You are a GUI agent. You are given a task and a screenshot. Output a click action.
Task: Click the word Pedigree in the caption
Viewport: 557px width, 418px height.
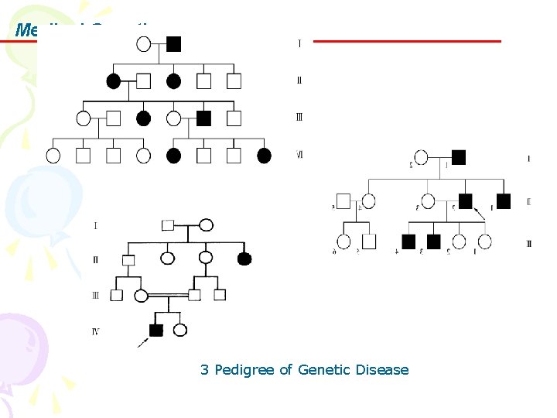(x=244, y=370)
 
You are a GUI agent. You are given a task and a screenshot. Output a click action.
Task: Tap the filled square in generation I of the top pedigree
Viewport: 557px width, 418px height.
(x=173, y=43)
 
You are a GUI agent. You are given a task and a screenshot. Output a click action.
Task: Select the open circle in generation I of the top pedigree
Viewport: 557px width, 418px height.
(x=143, y=43)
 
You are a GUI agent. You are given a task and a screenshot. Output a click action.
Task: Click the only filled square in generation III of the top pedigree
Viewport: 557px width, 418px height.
(x=203, y=118)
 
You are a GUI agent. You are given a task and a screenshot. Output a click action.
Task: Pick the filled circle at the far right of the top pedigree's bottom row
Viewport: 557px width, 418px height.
(x=264, y=156)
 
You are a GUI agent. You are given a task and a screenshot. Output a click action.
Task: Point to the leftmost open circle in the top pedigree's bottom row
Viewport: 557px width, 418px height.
(x=53, y=156)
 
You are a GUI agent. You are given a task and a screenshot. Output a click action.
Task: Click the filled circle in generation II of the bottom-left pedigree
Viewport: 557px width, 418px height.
(x=244, y=259)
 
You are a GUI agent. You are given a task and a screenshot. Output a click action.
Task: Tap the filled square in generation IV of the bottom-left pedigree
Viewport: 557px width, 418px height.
(x=155, y=331)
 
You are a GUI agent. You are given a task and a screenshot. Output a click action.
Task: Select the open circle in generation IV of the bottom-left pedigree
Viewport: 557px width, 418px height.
(x=180, y=331)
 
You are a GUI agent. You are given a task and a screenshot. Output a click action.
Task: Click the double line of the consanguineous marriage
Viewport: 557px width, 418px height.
(x=168, y=295)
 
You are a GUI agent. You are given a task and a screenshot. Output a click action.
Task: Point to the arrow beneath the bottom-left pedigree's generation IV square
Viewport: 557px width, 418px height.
(x=143, y=341)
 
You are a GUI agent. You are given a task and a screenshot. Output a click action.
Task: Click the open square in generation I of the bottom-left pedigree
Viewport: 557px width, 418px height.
(x=168, y=225)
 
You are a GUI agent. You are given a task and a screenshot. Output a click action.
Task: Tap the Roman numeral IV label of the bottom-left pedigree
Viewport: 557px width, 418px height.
(x=95, y=331)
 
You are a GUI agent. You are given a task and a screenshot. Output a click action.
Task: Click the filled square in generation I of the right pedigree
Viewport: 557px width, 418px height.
(x=458, y=157)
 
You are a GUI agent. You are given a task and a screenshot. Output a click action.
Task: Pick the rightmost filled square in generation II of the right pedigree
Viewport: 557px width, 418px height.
(x=504, y=201)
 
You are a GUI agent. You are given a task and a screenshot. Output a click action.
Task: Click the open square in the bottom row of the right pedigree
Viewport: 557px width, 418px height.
(x=369, y=242)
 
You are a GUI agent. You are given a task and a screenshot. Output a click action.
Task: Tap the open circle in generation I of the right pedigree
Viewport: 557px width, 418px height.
(x=421, y=158)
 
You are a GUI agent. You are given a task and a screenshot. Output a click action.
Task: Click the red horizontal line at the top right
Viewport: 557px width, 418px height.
(x=406, y=41)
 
